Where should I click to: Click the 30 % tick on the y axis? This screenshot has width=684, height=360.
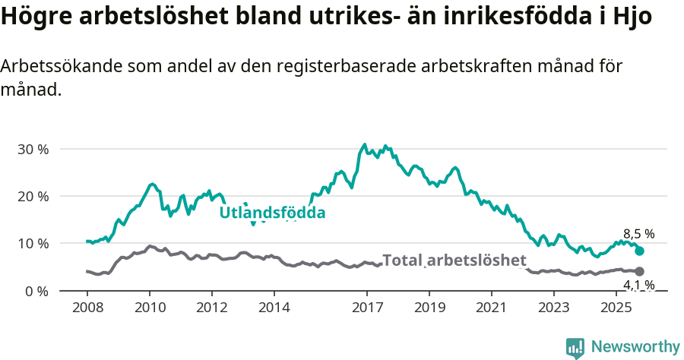point(33,149)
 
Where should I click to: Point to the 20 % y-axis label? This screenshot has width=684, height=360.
point(33,196)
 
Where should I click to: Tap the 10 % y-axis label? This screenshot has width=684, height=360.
point(33,244)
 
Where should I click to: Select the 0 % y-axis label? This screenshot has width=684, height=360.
point(36,291)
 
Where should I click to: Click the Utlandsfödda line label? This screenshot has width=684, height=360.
point(272,213)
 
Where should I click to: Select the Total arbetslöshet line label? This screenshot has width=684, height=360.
point(454,261)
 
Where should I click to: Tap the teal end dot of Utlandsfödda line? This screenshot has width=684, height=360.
point(639,251)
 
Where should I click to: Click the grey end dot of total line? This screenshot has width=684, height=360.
point(639,271)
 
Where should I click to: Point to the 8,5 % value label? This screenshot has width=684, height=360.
point(638,234)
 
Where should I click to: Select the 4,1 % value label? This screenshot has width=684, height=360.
point(638,286)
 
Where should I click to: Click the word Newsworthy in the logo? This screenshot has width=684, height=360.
point(635,346)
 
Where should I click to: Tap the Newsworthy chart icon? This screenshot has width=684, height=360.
point(575,348)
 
